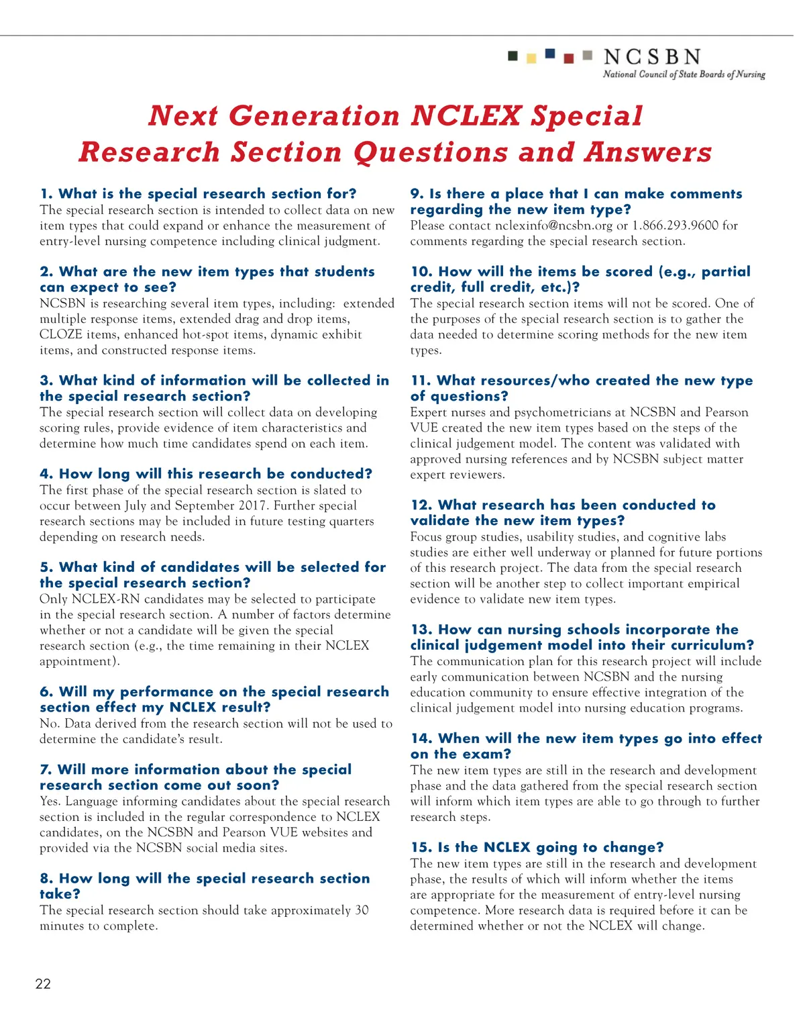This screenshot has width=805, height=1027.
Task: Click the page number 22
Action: (x=43, y=984)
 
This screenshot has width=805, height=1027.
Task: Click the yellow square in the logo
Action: (x=531, y=58)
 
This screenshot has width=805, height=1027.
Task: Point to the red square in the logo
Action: (x=569, y=58)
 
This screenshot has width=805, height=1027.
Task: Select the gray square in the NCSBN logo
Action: (x=588, y=55)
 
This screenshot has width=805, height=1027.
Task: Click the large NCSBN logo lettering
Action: (x=652, y=57)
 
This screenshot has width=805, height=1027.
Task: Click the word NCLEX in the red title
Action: (x=466, y=116)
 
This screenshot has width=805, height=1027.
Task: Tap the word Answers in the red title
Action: (x=648, y=152)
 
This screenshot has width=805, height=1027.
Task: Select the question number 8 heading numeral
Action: (x=46, y=879)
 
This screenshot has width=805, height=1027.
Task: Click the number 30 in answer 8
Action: (x=362, y=910)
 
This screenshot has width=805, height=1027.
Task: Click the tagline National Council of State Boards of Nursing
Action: (x=684, y=75)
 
